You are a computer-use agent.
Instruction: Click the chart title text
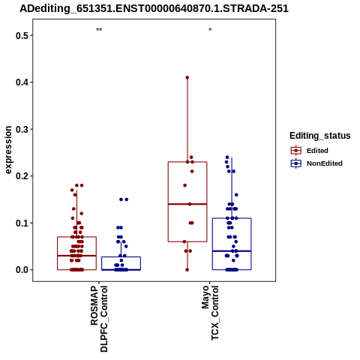click(x=154, y=9)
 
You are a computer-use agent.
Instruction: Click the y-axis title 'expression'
click(x=8, y=150)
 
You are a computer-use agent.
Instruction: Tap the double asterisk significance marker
click(x=99, y=30)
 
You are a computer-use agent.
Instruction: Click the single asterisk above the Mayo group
click(x=210, y=30)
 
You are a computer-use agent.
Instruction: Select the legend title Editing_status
click(x=319, y=136)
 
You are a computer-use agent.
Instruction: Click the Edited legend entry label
click(x=317, y=151)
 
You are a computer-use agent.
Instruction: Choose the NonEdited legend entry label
click(x=325, y=163)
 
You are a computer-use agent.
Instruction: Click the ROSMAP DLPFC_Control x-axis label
click(x=99, y=319)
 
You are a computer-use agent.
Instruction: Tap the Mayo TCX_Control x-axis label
click(x=210, y=313)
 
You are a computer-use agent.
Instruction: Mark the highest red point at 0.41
click(x=187, y=77)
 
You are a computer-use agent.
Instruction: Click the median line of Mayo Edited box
click(x=187, y=204)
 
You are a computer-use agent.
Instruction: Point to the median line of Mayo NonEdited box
click(x=232, y=251)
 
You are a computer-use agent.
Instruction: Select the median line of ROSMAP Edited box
click(x=76, y=256)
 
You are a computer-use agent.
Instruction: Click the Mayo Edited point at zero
click(x=187, y=270)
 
